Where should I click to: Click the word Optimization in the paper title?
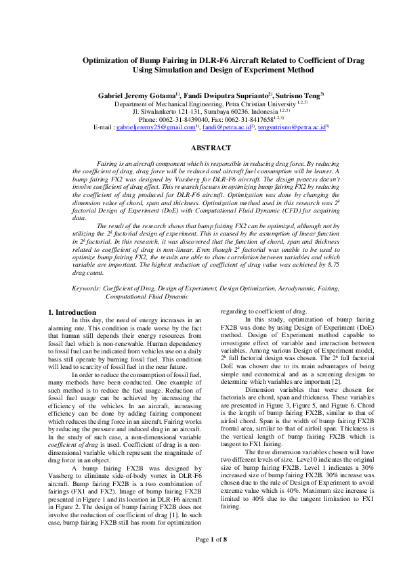[x=108, y=60]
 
